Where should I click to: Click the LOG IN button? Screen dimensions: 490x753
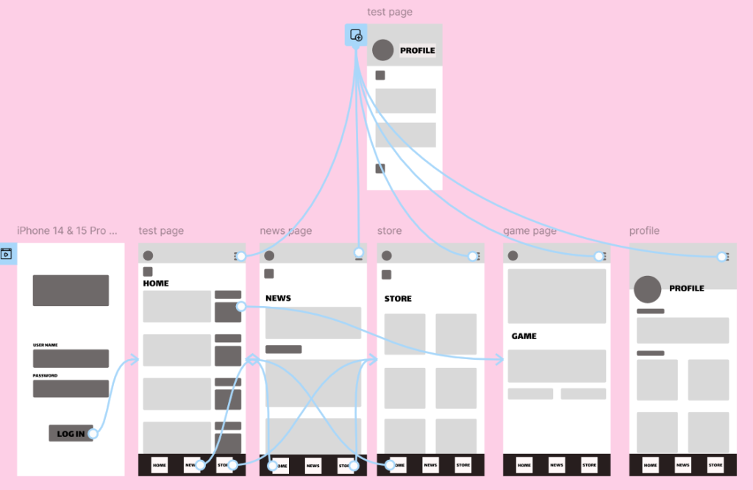tap(71, 433)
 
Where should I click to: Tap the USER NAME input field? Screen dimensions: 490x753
tap(71, 358)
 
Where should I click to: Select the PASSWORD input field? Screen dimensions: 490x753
tap(71, 388)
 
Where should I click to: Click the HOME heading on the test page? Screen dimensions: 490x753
tap(156, 283)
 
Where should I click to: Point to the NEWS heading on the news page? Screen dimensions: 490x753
tap(278, 298)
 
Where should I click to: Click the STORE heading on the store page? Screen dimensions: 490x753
tap(398, 299)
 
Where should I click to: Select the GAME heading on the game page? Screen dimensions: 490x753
tap(524, 336)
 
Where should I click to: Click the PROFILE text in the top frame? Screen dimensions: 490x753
tap(418, 51)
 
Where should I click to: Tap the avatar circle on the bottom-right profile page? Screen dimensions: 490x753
tap(648, 289)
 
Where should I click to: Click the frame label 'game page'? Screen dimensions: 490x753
tap(529, 231)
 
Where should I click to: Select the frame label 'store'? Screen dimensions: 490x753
tap(389, 231)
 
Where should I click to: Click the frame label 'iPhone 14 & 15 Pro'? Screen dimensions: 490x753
tap(67, 231)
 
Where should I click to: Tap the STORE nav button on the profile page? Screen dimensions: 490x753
tap(715, 465)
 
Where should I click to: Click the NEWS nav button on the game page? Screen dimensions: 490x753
tap(557, 465)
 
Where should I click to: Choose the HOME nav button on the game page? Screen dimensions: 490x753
tap(524, 465)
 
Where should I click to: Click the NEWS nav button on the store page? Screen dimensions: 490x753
tap(430, 465)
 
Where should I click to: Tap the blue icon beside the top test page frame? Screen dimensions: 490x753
tap(356, 35)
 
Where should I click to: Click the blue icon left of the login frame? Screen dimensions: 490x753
tap(6, 255)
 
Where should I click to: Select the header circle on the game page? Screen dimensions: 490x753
tap(513, 256)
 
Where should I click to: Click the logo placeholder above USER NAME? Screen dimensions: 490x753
tap(71, 290)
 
